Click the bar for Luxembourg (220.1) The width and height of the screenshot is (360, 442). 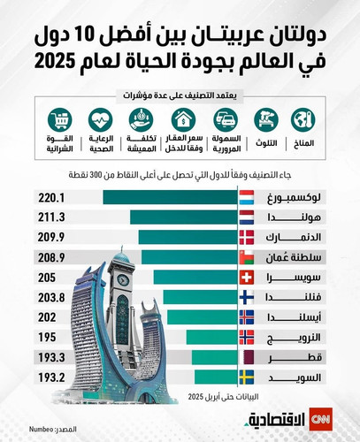[x=170, y=197]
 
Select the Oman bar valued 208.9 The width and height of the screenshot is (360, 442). [x=189, y=257]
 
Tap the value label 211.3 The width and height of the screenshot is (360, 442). [x=51, y=217]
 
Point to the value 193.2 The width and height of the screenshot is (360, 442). [x=51, y=377]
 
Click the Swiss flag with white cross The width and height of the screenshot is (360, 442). [x=247, y=278]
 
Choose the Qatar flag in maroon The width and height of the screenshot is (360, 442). [x=247, y=357]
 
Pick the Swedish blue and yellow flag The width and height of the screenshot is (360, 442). [x=247, y=377]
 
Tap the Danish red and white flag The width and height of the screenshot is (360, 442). [x=247, y=237]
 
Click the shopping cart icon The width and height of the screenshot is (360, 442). [x=60, y=119]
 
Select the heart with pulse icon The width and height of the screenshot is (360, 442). [x=101, y=119]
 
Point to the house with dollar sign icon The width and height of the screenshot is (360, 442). [x=183, y=119]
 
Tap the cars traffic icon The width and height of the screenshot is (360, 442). [x=226, y=119]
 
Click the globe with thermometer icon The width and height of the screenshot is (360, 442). [x=303, y=119]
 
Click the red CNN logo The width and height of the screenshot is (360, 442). [x=321, y=419]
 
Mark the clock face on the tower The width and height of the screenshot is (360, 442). [x=123, y=279]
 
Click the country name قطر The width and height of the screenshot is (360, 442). [x=295, y=358]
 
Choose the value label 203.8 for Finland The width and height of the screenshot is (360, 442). [x=51, y=297]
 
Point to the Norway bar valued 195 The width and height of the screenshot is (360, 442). [x=211, y=337]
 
